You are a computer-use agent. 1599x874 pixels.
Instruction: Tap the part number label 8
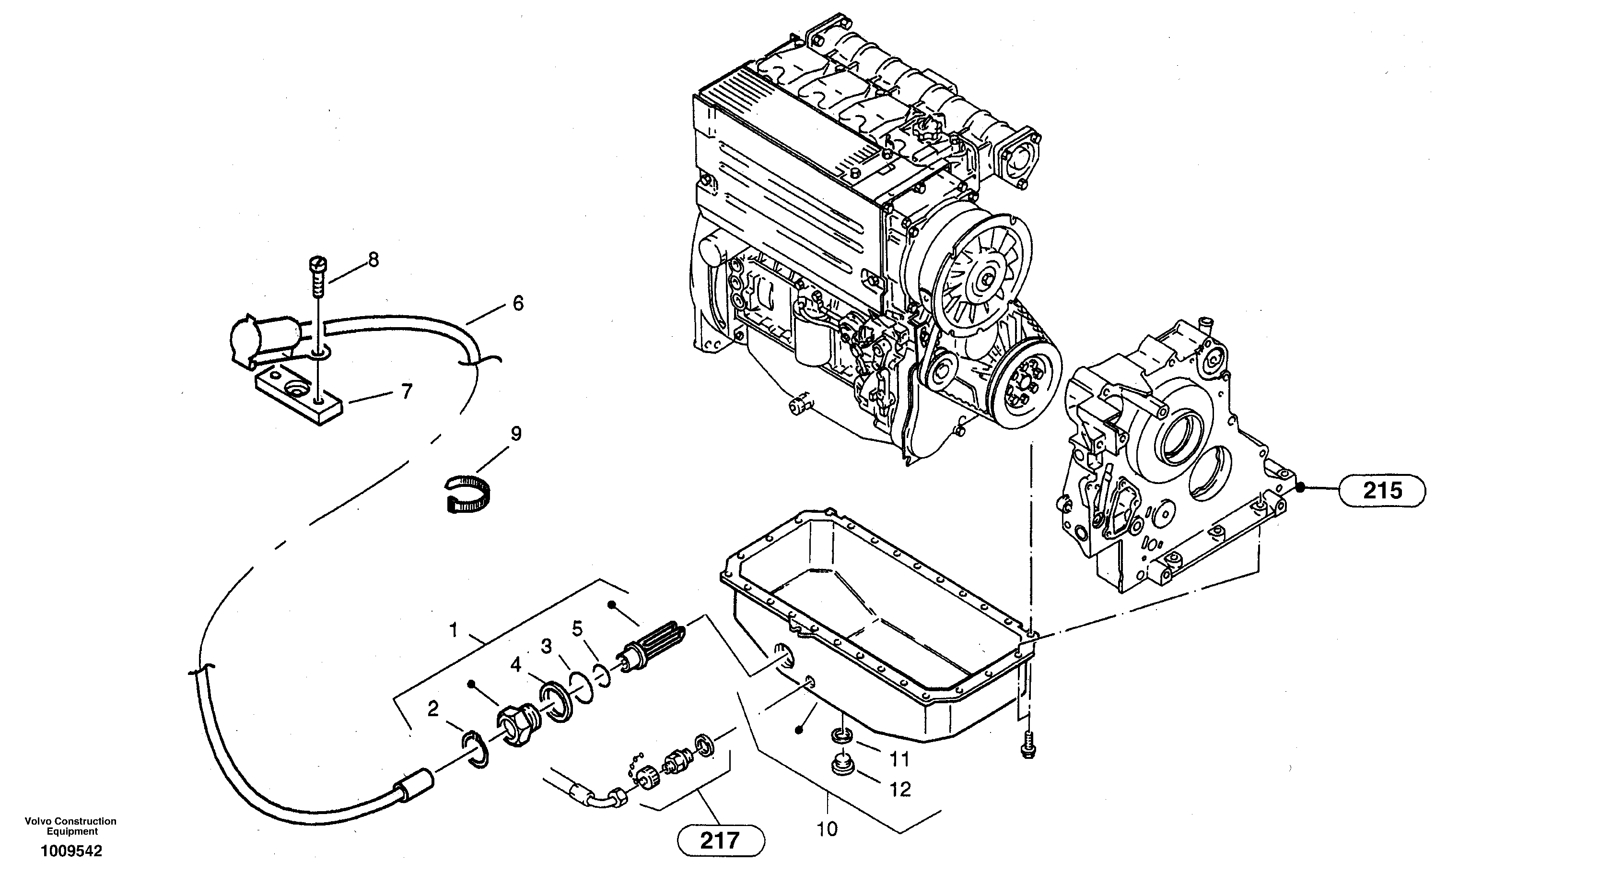373,260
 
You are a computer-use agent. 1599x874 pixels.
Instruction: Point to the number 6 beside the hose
518,304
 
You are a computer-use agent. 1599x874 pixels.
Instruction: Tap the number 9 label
515,434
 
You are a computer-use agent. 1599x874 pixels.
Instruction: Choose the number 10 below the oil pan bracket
828,828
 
